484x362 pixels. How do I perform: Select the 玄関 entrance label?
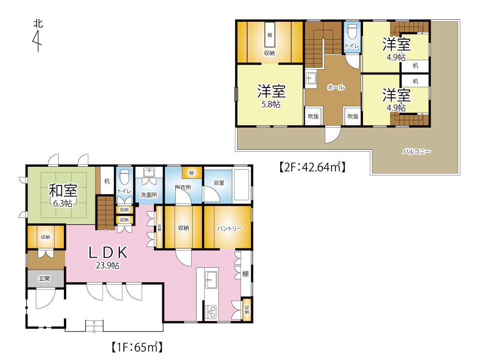point(44,278)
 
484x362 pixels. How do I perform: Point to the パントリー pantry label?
point(229,229)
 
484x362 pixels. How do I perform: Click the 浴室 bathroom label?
point(219,183)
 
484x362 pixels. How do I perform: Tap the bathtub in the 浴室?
point(242,185)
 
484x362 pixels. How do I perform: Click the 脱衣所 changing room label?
point(183,187)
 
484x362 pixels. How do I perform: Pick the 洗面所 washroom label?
point(149,195)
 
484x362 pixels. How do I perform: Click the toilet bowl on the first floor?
point(124,177)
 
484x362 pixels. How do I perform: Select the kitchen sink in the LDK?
point(212,279)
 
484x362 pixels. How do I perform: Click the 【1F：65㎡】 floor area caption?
point(137,347)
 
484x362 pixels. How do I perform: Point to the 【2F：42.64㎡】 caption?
point(312,167)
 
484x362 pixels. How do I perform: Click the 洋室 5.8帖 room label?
point(272,96)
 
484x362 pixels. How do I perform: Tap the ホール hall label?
point(336,87)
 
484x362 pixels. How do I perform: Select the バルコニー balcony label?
point(416,151)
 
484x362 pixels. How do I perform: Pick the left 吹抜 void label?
point(313,116)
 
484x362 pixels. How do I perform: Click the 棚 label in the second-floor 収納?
point(270,35)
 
